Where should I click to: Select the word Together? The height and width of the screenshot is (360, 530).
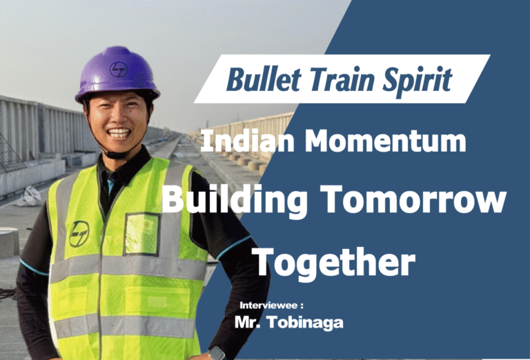[x=333, y=261]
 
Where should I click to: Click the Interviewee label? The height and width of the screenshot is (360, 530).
[x=271, y=304]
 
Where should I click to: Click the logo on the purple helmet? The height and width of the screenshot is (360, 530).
[x=119, y=68]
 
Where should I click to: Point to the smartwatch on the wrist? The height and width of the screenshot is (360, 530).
[x=216, y=353]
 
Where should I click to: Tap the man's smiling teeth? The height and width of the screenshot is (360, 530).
[x=119, y=133]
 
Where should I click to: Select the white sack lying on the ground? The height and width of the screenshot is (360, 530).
[x=29, y=197]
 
